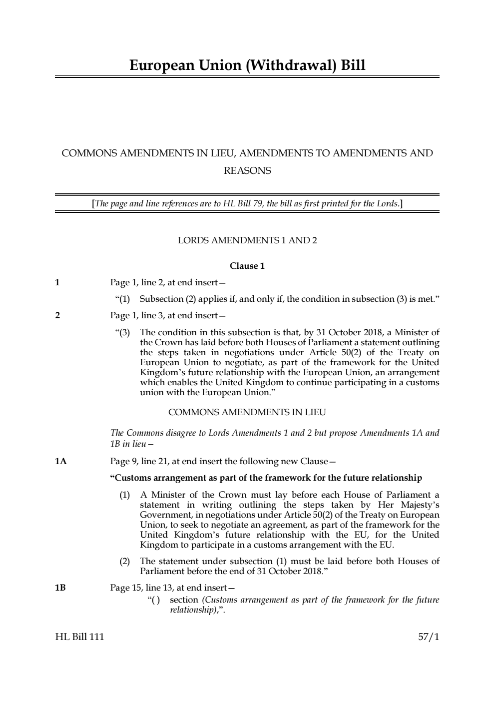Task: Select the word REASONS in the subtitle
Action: tap(247, 171)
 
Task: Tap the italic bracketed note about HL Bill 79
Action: tap(247, 203)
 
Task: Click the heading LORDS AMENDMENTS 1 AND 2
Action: tap(247, 240)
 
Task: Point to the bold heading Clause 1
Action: tap(247, 266)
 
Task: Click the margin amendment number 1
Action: tap(57, 283)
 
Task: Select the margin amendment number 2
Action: tap(57, 315)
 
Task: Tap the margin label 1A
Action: tap(60, 461)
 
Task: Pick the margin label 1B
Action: tap(60, 588)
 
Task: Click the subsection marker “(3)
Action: tap(123, 332)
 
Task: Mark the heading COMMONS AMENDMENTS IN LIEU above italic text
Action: tap(247, 412)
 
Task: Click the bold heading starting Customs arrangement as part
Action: tap(266, 478)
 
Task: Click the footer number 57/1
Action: tap(429, 637)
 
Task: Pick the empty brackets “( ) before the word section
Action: tap(154, 600)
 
